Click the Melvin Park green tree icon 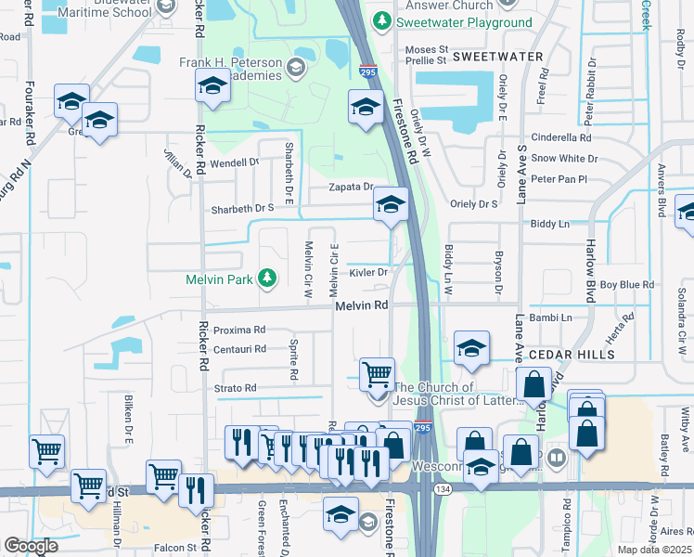coord(267,278)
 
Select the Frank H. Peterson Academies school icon coord(296,66)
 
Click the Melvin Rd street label coord(362,305)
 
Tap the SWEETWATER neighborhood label coord(497,57)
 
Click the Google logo coord(31,546)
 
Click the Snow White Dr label coord(563,159)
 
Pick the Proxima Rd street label coord(239,330)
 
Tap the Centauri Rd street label coord(239,349)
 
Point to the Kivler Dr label coord(367,272)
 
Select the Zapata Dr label coord(352,187)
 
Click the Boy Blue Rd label coord(627,284)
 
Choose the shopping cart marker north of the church coord(377,374)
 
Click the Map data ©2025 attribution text coord(655,550)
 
